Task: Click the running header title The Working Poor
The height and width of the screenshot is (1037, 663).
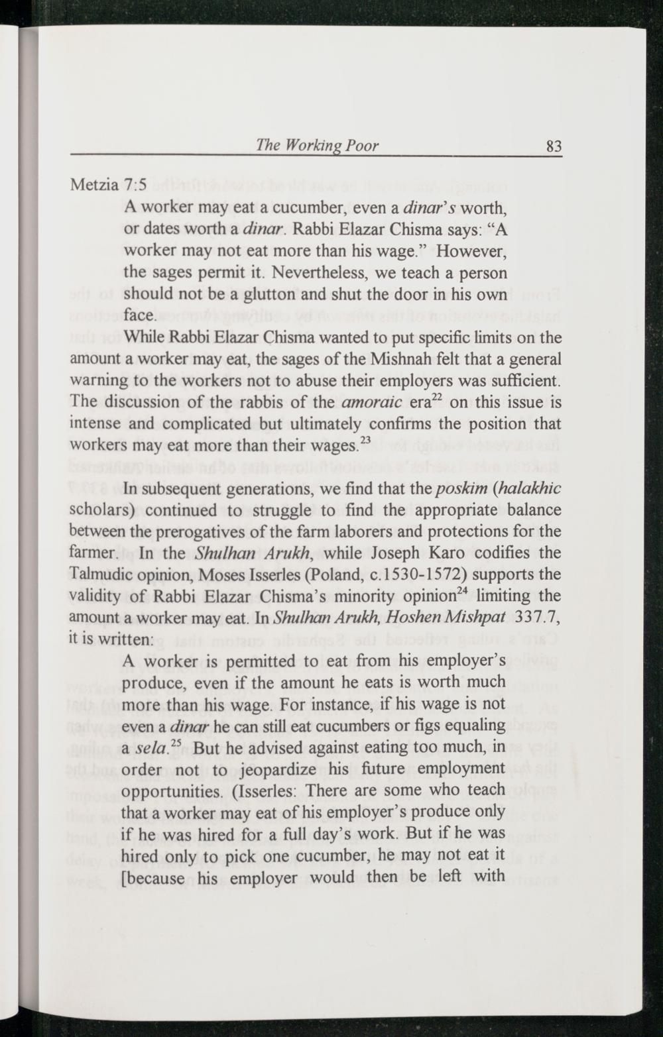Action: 317,146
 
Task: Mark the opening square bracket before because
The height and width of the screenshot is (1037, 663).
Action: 126,878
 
